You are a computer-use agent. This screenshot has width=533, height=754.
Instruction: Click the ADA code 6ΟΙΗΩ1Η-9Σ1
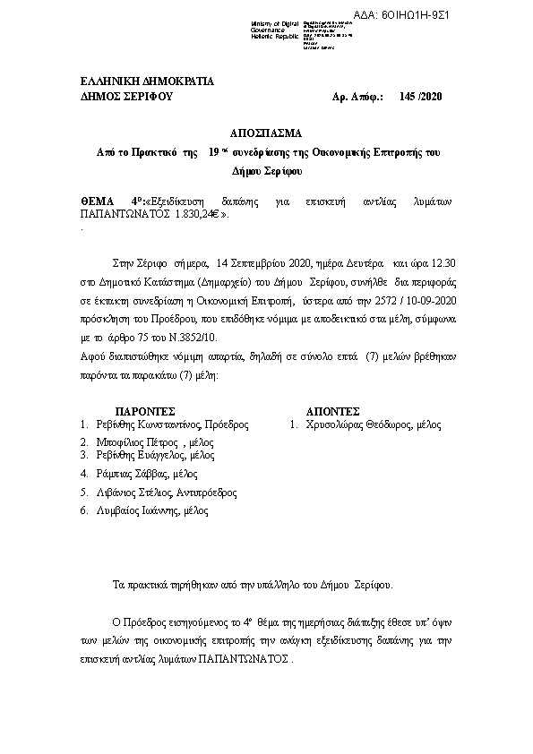point(490,16)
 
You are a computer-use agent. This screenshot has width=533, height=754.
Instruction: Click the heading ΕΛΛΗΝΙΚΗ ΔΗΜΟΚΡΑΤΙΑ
point(148,81)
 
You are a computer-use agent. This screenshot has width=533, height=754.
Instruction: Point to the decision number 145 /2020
point(423,96)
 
